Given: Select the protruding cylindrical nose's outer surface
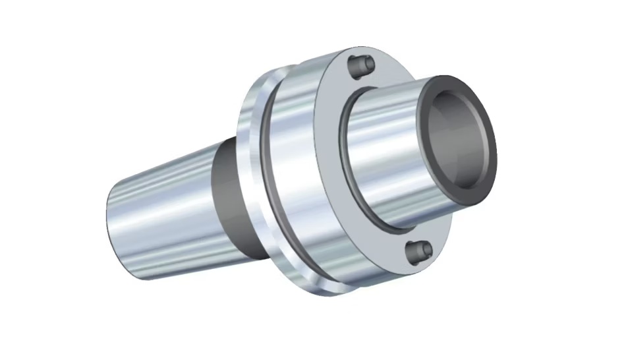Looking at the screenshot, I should (382, 145).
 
